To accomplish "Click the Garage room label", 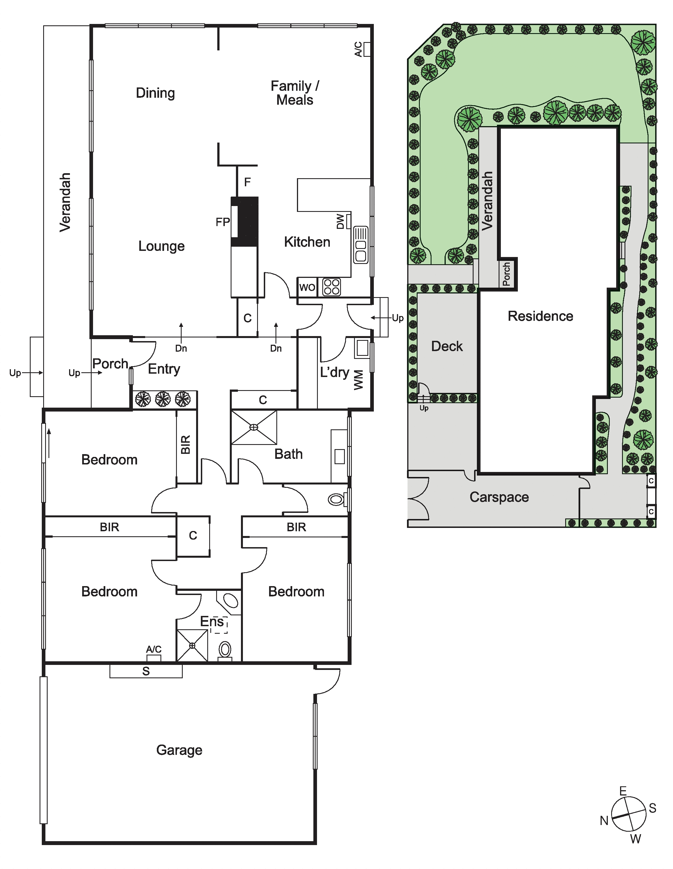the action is [179, 750].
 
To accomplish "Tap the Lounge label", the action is [161, 246].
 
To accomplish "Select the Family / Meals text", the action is [295, 93].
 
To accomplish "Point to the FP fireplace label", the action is [223, 222].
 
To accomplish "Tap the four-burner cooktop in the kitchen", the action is [331, 287].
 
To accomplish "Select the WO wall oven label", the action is [307, 287].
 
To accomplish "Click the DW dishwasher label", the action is [340, 222].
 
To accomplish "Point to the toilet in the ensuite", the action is [225, 651].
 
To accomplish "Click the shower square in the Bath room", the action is [254, 427].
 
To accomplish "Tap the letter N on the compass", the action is [604, 821].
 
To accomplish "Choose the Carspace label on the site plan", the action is [499, 497].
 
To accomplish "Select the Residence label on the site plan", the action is [540, 316].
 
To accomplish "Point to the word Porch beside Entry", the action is [110, 364].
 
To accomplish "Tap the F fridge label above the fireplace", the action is [247, 182].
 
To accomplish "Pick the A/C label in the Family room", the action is [358, 49].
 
